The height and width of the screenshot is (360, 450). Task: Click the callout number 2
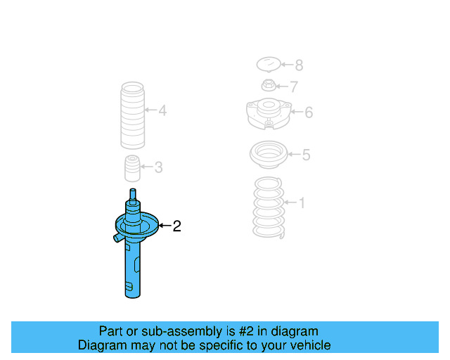(x=176, y=226)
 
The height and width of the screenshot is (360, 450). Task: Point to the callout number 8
(x=299, y=65)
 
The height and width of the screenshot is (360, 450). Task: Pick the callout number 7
(x=294, y=87)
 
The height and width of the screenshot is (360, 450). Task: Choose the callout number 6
(x=309, y=112)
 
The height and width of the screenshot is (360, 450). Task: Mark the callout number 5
(x=306, y=155)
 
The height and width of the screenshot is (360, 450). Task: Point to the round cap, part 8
(x=266, y=65)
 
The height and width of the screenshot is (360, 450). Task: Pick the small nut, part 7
(x=268, y=87)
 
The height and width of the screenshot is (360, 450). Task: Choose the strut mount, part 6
(x=267, y=114)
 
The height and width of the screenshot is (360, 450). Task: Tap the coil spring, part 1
(x=268, y=209)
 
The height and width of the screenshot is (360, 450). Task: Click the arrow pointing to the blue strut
(x=165, y=226)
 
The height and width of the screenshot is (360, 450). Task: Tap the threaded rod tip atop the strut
(x=131, y=195)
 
